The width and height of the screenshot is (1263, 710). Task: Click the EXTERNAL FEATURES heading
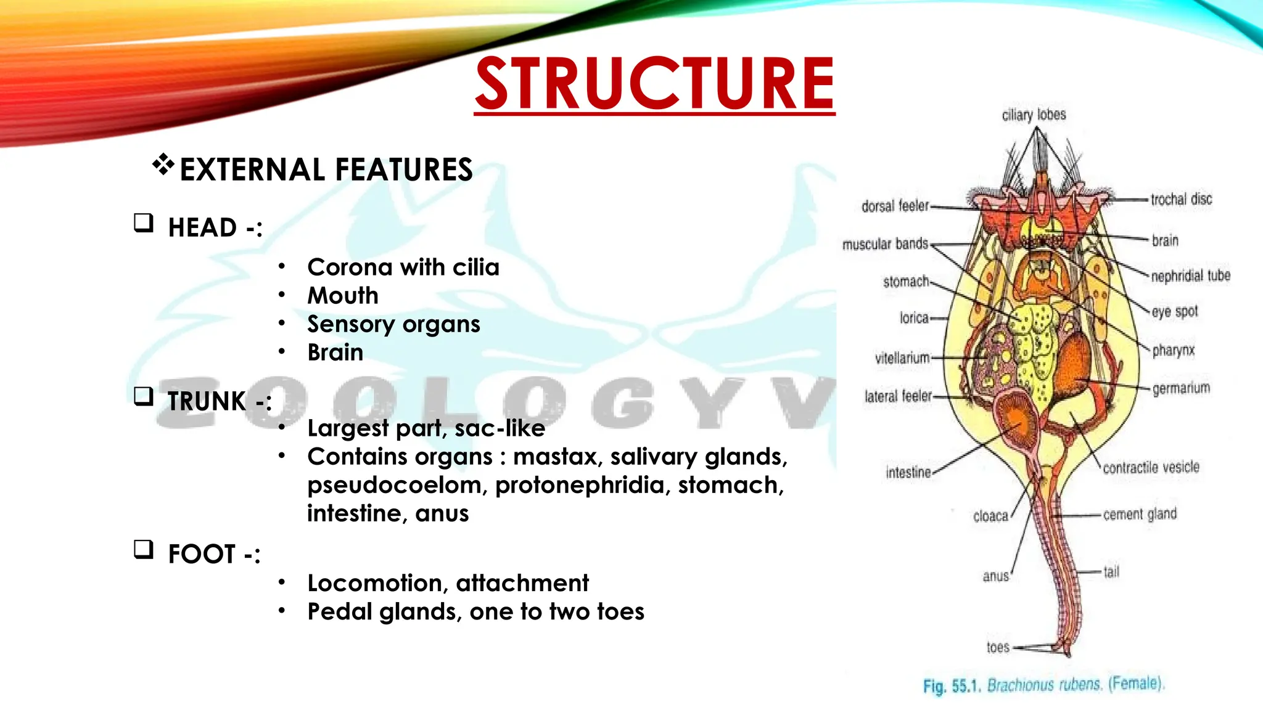326,169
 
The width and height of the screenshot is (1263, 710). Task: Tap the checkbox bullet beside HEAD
144,222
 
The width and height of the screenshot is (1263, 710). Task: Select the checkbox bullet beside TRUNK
144,396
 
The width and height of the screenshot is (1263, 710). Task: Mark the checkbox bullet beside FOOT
144,549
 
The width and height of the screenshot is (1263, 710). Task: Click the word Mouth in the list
343,296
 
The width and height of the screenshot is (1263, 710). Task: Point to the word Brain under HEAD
335,353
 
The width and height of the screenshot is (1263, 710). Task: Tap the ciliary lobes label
1034,115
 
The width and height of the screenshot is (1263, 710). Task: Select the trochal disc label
1181,200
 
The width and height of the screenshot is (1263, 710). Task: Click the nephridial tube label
1191,275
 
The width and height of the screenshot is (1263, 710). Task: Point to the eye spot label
1175,312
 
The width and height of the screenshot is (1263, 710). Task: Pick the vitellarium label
902,358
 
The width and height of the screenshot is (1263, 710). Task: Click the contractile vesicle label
1151,468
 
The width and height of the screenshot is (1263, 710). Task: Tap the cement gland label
1140,514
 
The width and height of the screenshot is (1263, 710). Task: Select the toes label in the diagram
998,647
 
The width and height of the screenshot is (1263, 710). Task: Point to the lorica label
914,318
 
